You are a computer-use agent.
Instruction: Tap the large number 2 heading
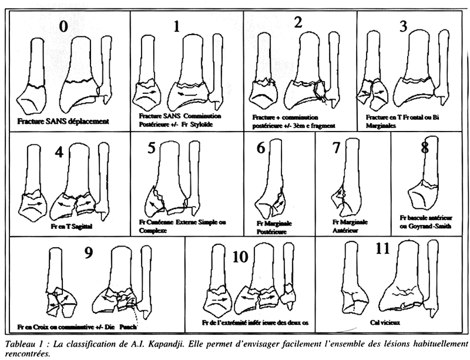click(x=298, y=23)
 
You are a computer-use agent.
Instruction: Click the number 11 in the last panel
click(x=382, y=249)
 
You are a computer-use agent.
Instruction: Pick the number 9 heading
click(x=89, y=253)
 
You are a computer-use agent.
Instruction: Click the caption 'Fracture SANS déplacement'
click(x=65, y=122)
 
